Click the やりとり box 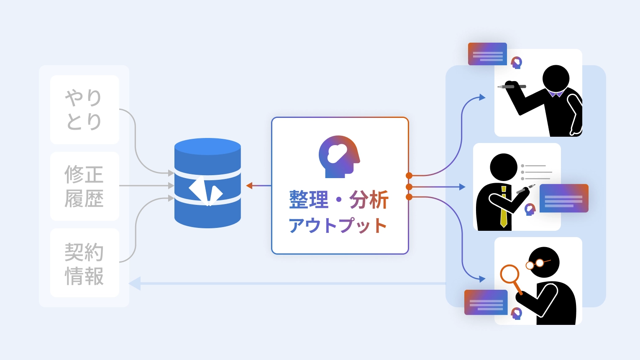point(84,110)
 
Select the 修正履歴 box point(84,186)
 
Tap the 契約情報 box point(84,263)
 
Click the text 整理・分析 point(339,200)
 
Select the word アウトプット point(338,225)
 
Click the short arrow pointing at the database point(250,186)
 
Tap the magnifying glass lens point(509,274)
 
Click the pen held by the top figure point(511,87)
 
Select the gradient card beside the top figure point(487,54)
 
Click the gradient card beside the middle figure point(564,198)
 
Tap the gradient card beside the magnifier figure point(486,302)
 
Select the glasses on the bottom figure point(536,264)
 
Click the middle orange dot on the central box point(409,187)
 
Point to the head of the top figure point(556,78)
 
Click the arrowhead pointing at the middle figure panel point(462,187)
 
